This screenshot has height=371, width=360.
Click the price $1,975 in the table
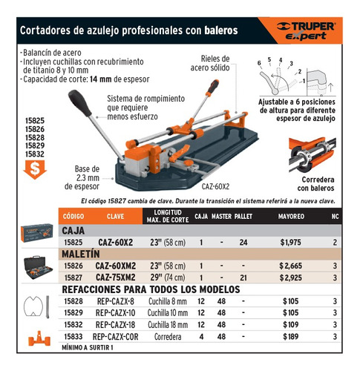click(292, 242)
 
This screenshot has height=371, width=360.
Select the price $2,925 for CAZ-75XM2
click(292, 276)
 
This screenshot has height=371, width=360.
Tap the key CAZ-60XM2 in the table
click(115, 265)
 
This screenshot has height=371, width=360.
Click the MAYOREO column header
click(292, 216)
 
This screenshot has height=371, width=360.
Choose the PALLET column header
click(243, 216)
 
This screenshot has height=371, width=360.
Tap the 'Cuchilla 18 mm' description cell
click(168, 324)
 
